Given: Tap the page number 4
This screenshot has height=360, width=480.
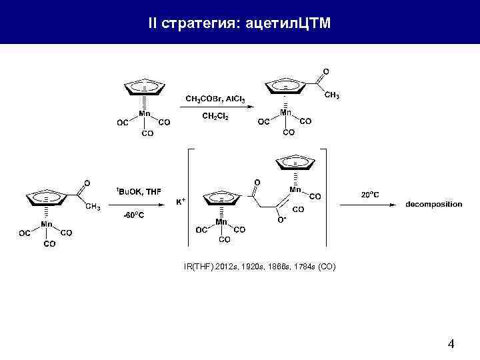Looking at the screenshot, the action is [x=451, y=345].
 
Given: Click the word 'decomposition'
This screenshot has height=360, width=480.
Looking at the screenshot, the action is [x=433, y=204].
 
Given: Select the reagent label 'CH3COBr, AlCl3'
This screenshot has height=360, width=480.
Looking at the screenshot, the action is [x=215, y=99].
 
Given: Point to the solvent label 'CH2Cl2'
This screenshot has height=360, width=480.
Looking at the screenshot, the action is [x=215, y=116].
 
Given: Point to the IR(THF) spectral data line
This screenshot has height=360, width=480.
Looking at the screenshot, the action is [x=260, y=267].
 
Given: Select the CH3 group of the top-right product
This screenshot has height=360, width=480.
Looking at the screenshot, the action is [x=331, y=96].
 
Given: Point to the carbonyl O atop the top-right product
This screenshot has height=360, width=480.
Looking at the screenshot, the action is [x=325, y=71].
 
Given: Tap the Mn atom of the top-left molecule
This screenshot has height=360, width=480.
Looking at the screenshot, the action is [x=145, y=114].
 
